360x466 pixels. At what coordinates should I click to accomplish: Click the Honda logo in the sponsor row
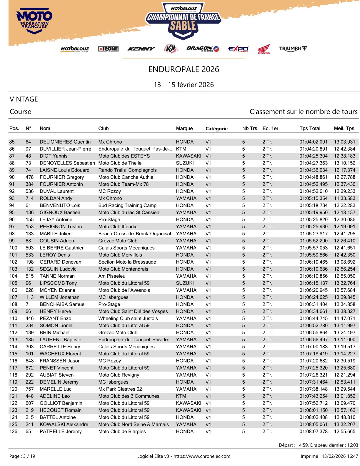pyautogui.click(x=264, y=49)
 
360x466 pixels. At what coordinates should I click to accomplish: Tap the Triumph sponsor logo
pyautogui.click(x=293, y=49)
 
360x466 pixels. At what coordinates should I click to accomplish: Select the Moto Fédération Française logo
pyautogui.click(x=34, y=21)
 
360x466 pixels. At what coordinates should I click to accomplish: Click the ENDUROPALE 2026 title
pyautogui.click(x=184, y=69)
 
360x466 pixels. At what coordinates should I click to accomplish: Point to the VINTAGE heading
pyautogui.click(x=24, y=99)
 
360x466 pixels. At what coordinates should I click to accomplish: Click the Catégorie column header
pyautogui.click(x=216, y=129)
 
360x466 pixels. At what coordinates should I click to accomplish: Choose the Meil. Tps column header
pyautogui.click(x=344, y=128)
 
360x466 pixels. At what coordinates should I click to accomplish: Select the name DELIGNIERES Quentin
pyautogui.click(x=65, y=142)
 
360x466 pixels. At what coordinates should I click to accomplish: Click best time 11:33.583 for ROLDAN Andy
pyautogui.click(x=344, y=198)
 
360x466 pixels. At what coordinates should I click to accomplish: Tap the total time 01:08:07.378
pyautogui.click(x=313, y=431)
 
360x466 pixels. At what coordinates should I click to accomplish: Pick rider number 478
pyautogui.click(x=29, y=177)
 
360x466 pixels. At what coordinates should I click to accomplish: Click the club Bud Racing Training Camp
pyautogui.click(x=127, y=205)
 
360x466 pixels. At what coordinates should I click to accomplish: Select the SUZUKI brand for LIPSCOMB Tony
pyautogui.click(x=185, y=283)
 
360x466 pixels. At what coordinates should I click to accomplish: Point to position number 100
pyautogui.click(x=13, y=248)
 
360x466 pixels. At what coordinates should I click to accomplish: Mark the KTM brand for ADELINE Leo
pyautogui.click(x=181, y=396)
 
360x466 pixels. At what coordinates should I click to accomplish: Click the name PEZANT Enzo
pyautogui.click(x=55, y=318)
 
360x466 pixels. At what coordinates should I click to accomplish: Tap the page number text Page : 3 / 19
pyautogui.click(x=22, y=456)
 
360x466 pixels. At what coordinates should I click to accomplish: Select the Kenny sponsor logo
pyautogui.click(x=141, y=49)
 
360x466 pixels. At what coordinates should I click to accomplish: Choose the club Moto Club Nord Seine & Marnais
pyautogui.click(x=134, y=424)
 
